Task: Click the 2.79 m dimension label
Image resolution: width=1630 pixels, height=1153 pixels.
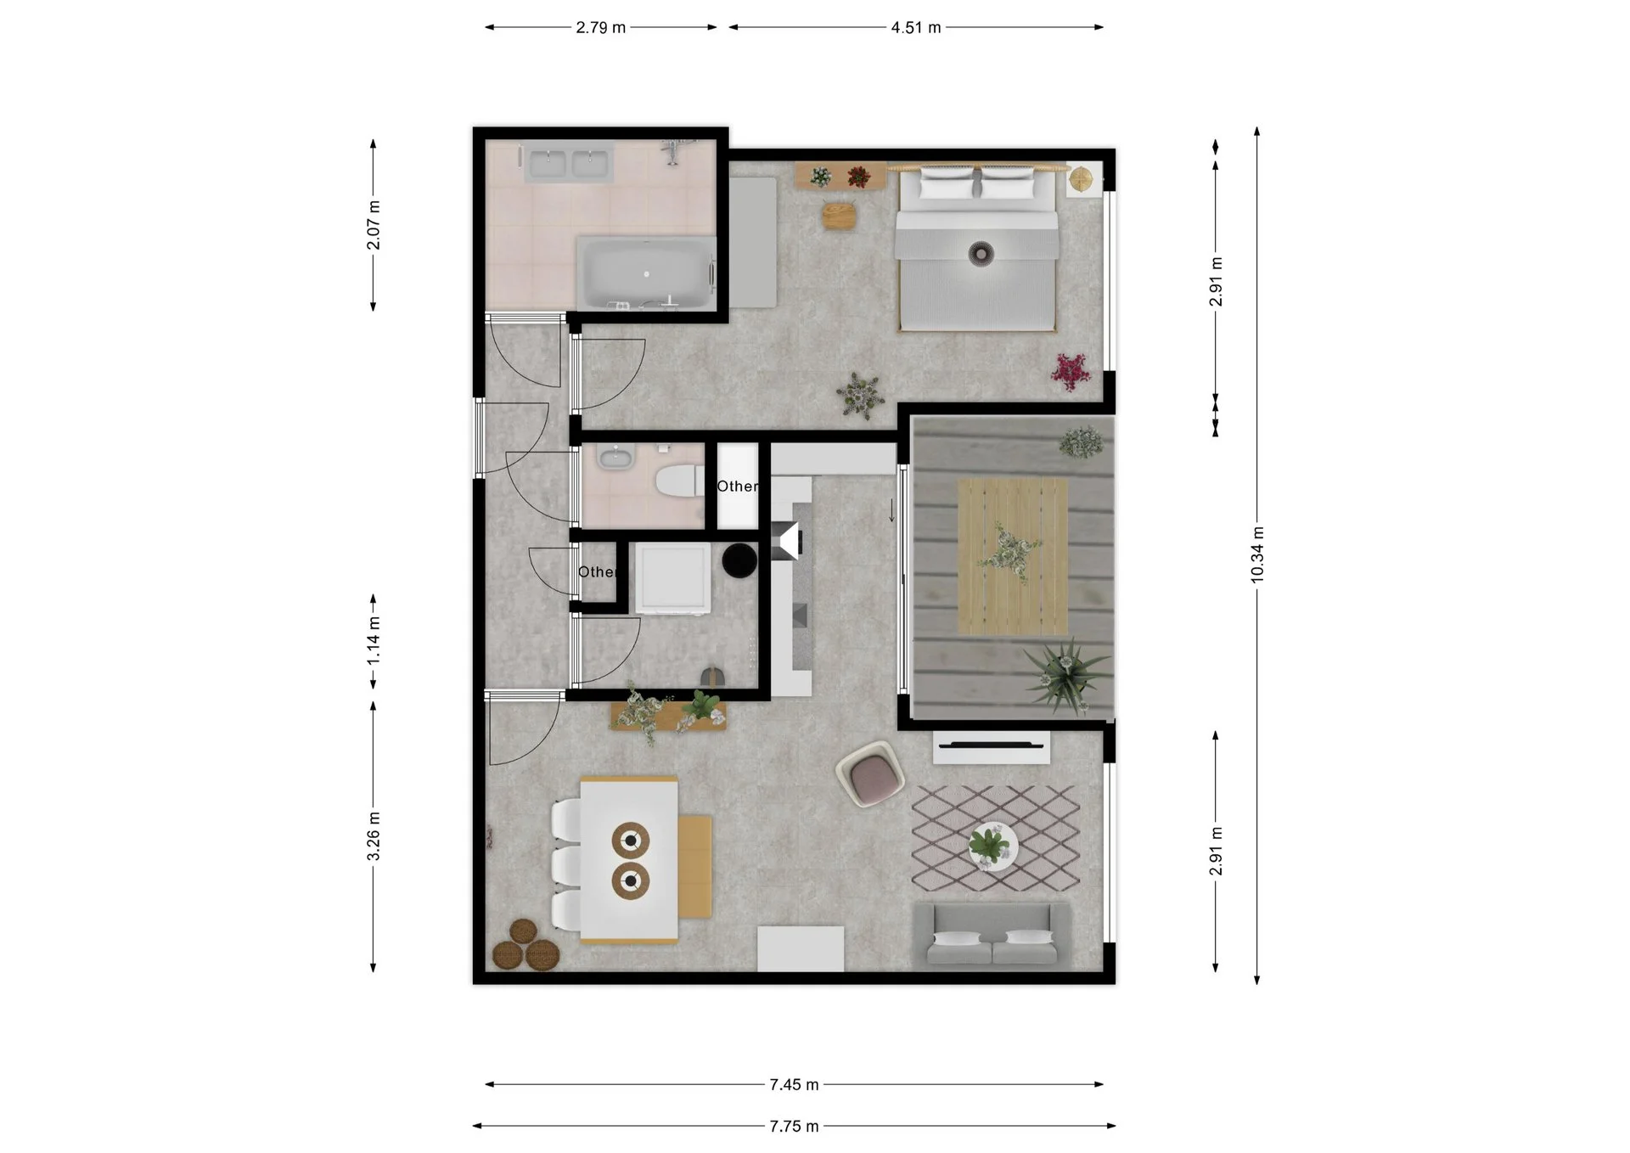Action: pos(600,27)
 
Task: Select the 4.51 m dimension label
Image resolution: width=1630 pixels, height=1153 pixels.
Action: pos(916,27)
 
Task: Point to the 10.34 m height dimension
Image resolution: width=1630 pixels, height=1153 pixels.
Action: pos(1257,554)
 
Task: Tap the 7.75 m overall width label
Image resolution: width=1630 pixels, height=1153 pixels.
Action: pos(794,1126)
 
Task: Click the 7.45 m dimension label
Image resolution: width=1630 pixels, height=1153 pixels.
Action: pos(794,1084)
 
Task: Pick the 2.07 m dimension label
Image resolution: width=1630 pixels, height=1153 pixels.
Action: pos(374,225)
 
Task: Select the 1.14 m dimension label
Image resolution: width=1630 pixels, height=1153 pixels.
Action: pos(374,640)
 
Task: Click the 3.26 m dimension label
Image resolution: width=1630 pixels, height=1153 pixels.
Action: pos(374,836)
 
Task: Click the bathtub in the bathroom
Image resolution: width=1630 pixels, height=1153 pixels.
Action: pos(646,273)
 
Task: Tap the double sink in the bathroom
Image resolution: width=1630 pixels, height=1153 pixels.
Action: pos(568,164)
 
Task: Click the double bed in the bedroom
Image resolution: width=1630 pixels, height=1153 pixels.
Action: pos(978,247)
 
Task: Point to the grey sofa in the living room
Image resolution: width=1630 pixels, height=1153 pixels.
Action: pos(991,934)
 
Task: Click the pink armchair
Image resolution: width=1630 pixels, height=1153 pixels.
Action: pos(869,773)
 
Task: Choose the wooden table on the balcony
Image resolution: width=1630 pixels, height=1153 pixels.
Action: pos(1013,556)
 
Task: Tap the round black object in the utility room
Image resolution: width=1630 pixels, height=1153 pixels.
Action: pos(739,560)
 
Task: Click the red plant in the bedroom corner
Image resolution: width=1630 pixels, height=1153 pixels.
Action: pos(1071,372)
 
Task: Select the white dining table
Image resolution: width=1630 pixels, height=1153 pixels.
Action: pos(629,860)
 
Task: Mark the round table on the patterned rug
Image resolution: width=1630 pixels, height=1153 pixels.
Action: pos(993,846)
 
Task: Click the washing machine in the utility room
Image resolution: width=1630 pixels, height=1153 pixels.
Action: pos(673,578)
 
